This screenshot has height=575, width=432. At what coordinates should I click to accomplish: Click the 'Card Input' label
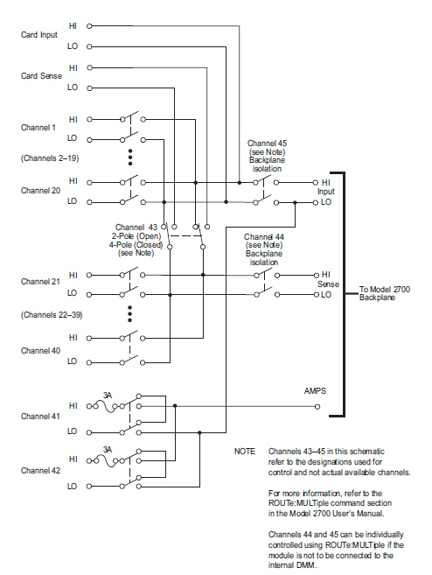pyautogui.click(x=39, y=35)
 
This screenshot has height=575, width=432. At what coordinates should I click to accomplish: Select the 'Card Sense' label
pyautogui.click(x=41, y=76)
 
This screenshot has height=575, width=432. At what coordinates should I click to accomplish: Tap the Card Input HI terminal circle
pyautogui.click(x=89, y=26)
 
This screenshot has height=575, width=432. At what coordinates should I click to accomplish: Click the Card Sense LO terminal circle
pyautogui.click(x=89, y=88)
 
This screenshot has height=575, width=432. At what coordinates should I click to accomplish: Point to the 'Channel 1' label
pyautogui.click(x=38, y=128)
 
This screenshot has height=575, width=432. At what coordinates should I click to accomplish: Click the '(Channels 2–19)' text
pyautogui.click(x=50, y=158)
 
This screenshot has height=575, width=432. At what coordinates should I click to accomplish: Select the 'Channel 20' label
pyautogui.click(x=40, y=191)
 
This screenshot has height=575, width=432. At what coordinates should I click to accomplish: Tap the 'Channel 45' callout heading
pyautogui.click(x=267, y=143)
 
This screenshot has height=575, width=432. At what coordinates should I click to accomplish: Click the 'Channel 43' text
pyautogui.click(x=136, y=228)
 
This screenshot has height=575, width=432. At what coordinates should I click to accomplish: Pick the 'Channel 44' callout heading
pyautogui.click(x=264, y=237)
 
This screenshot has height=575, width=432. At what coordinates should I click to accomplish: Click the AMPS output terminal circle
pyautogui.click(x=317, y=406)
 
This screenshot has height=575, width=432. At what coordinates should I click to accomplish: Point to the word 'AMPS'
pyautogui.click(x=315, y=391)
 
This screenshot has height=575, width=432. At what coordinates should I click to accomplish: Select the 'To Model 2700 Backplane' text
pyautogui.click(x=385, y=293)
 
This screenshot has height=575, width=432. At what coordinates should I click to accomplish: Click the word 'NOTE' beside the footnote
pyautogui.click(x=245, y=452)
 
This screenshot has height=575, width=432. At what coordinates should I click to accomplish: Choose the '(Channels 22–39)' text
pyautogui.click(x=52, y=315)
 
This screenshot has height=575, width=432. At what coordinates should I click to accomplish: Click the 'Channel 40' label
pyautogui.click(x=40, y=351)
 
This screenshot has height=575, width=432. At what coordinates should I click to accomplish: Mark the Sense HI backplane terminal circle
pyautogui.click(x=317, y=275)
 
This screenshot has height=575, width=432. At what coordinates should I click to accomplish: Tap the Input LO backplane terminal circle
pyautogui.click(x=316, y=202)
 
